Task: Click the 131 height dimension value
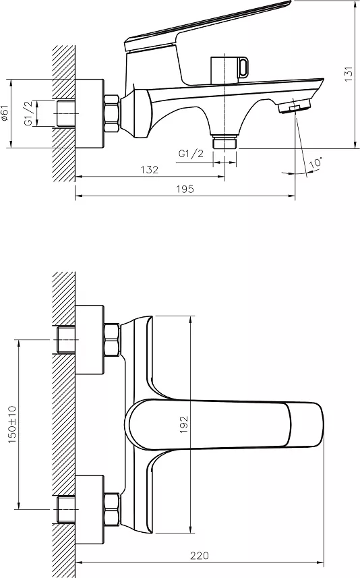[x=349, y=74]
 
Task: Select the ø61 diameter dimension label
[x=4, y=113]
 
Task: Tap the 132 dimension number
[x=149, y=169]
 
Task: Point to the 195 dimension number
[x=185, y=189]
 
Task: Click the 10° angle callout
[x=316, y=163]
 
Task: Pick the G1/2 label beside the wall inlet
[x=29, y=113]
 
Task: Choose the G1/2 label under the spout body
[x=191, y=153]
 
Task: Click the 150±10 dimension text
[x=12, y=424]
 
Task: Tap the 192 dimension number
[x=184, y=424]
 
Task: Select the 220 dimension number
[x=200, y=556]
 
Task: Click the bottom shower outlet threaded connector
[x=224, y=142]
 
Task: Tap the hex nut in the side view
[x=112, y=113]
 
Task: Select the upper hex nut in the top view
[x=112, y=339]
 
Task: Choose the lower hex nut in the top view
[x=112, y=509]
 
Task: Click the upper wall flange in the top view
[x=90, y=339]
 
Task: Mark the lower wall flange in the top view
[x=90, y=509]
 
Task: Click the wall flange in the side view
[x=90, y=113]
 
